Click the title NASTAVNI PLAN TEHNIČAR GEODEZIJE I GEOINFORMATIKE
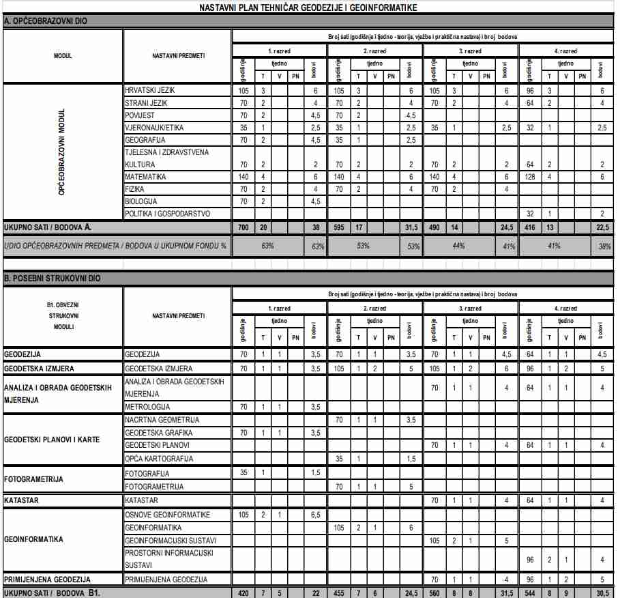coord(308,8)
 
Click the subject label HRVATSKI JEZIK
coord(150,91)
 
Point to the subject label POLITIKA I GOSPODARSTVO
coord(166,214)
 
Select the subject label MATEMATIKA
coord(145,177)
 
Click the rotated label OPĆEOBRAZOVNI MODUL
coord(62,152)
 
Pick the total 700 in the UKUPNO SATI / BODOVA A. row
coord(243,227)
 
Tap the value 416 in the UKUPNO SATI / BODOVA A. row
coord(530,227)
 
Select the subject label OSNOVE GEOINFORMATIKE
coord(167,515)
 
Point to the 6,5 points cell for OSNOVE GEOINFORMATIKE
coord(316,515)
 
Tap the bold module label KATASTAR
coord(21,500)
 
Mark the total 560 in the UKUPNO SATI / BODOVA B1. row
coord(434,593)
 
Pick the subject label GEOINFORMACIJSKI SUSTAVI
coord(170,540)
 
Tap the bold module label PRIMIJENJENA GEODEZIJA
coord(47,579)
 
